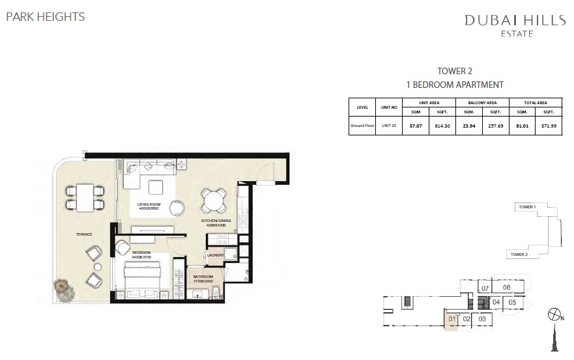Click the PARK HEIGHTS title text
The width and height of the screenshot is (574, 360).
45,17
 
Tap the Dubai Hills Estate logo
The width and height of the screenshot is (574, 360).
515,25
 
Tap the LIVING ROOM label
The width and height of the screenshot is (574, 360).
149,205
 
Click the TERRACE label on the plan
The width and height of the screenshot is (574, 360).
83,234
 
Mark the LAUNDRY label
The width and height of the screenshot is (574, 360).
216,255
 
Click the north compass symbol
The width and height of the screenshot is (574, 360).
556,316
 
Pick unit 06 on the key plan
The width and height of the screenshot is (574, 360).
506,287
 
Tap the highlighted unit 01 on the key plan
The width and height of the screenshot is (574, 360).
452,320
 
